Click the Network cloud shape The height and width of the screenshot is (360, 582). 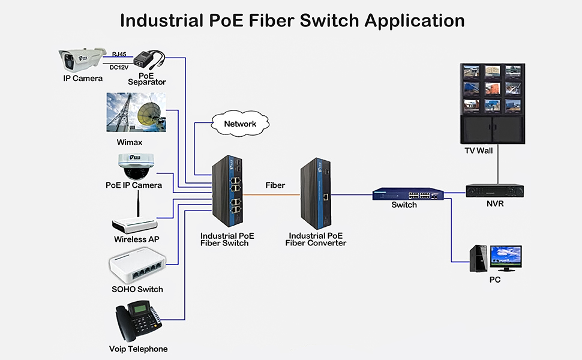point(240,124)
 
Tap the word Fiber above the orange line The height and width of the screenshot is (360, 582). point(275,185)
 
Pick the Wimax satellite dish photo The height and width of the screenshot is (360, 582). point(136,112)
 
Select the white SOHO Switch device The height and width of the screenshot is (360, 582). point(136,268)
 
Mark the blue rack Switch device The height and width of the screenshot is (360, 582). point(410,194)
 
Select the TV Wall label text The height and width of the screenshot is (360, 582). point(478,151)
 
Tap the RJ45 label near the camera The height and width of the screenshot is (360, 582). point(119,54)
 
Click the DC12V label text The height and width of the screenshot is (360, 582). point(119,67)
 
